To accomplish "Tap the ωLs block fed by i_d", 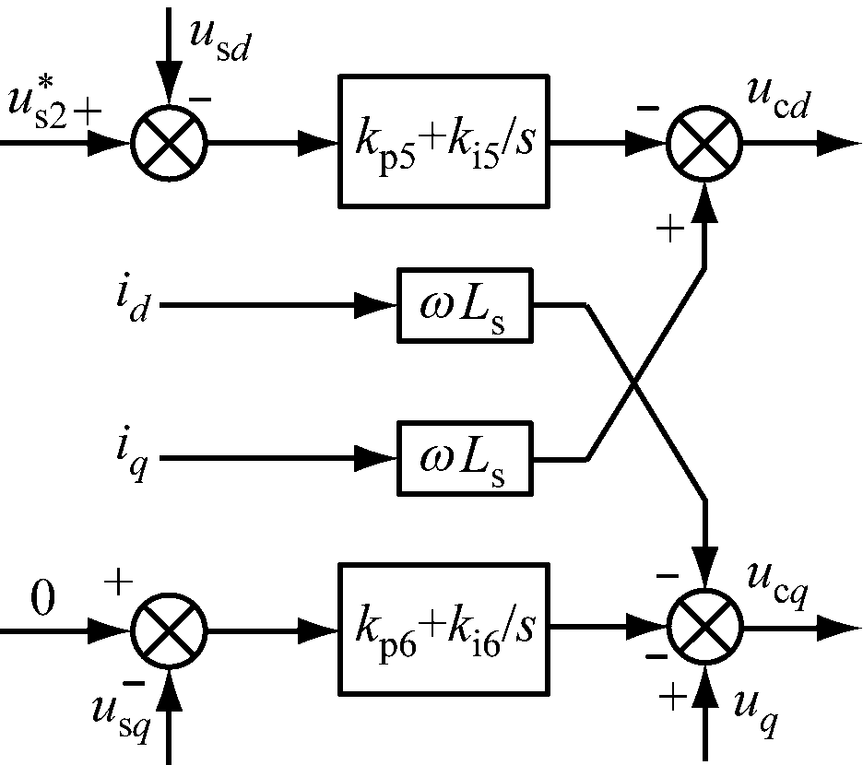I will (x=464, y=304).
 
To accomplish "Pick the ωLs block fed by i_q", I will (x=464, y=457).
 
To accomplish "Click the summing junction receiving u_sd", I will (x=169, y=143).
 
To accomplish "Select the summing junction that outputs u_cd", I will (x=705, y=143).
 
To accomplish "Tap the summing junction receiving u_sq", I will (x=169, y=630).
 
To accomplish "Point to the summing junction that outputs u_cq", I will (x=705, y=630).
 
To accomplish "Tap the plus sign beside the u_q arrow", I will (x=674, y=698).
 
